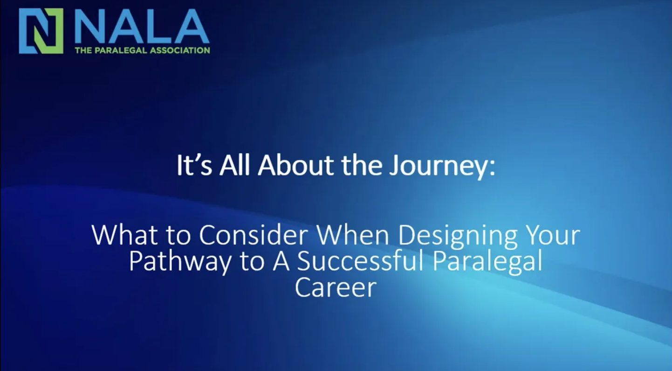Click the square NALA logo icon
coord(41,31)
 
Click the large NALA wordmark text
coord(142,26)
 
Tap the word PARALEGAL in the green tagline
coord(121,50)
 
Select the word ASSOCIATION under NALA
coord(180,50)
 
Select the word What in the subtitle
coord(124,235)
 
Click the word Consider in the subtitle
coord(254,235)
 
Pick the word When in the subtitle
coord(353,235)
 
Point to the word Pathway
coord(180,262)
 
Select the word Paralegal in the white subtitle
coord(488,262)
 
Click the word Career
coord(336,287)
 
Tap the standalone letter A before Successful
coord(281,260)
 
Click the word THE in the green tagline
coord(83,50)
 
